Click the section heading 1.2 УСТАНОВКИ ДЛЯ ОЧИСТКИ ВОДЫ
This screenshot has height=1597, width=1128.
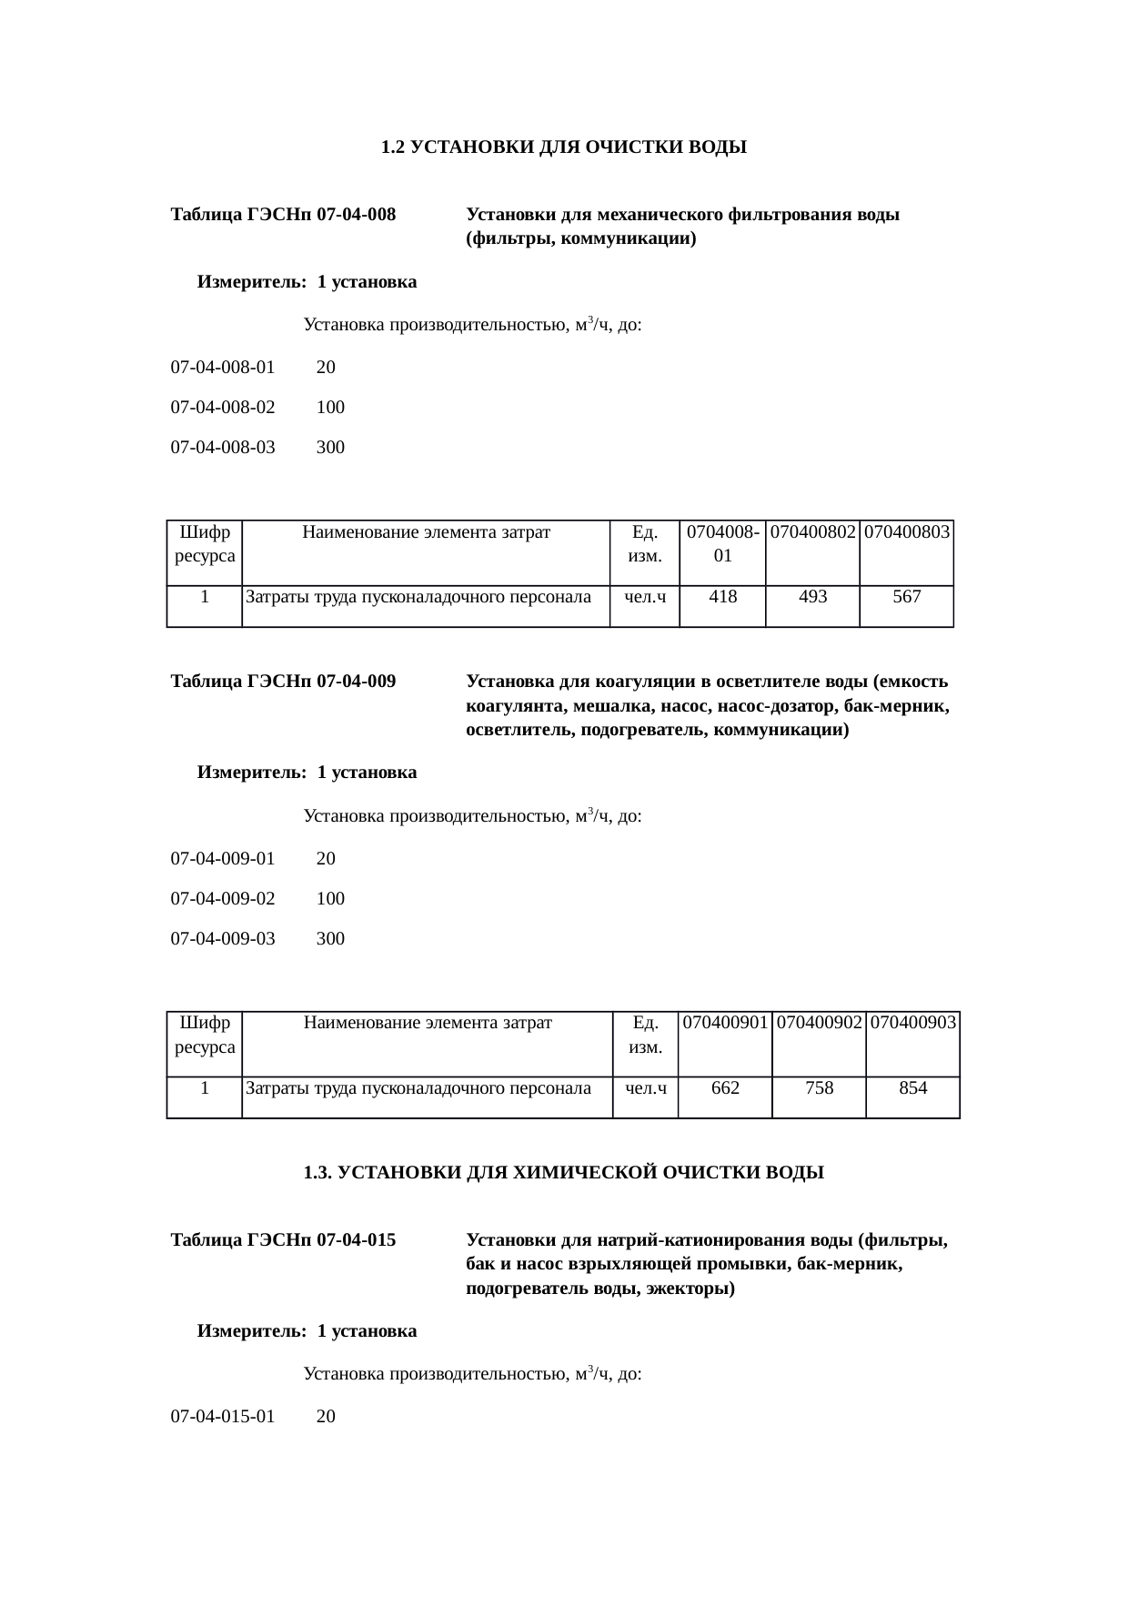point(563,147)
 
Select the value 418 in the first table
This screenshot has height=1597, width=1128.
point(723,597)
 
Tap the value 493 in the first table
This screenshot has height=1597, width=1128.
point(812,597)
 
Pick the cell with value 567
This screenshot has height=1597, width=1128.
point(907,597)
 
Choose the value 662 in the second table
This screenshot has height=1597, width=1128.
point(725,1088)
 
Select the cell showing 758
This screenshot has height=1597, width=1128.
point(820,1088)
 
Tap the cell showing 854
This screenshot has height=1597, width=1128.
point(913,1088)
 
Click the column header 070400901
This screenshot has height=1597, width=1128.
point(725,1023)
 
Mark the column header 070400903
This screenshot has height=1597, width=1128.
point(913,1023)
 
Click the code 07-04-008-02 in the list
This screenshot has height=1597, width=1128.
point(223,408)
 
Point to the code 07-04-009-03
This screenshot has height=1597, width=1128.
point(223,939)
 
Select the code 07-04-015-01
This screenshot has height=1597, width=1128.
point(223,1417)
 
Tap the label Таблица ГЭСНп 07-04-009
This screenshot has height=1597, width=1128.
point(283,682)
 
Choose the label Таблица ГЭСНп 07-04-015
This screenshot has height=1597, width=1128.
point(283,1240)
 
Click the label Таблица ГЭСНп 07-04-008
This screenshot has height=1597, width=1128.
point(283,216)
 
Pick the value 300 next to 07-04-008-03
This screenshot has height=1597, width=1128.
point(330,448)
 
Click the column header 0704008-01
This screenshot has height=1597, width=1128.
point(723,543)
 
